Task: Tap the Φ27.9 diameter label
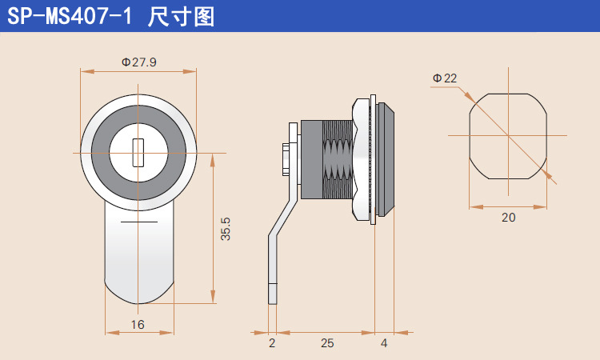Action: click(x=138, y=62)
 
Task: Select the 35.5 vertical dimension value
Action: click(x=226, y=230)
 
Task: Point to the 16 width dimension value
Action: click(x=138, y=325)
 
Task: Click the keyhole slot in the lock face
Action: click(x=138, y=152)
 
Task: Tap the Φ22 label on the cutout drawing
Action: click(x=445, y=78)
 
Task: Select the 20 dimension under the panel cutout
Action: click(x=509, y=217)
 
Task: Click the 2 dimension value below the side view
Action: click(x=272, y=343)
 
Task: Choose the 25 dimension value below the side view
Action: click(x=326, y=343)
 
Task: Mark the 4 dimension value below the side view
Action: click(x=384, y=343)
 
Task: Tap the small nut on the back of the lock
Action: click(x=286, y=159)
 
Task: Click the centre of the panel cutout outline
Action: click(x=508, y=136)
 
